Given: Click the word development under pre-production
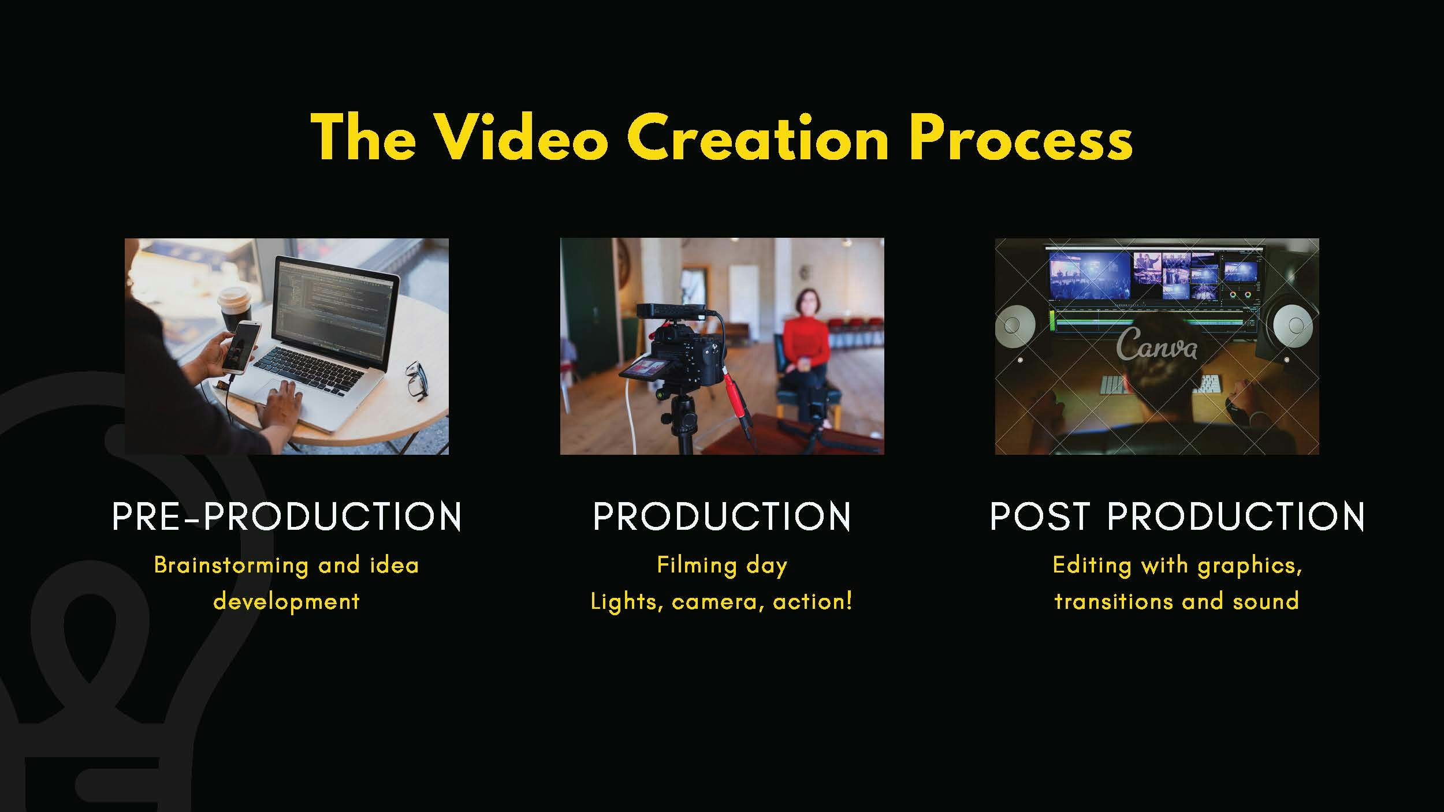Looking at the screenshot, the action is [286, 602].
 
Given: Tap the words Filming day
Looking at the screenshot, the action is [722, 566].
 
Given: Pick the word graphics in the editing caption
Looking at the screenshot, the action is [1250, 566].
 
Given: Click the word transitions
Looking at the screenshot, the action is [1113, 602].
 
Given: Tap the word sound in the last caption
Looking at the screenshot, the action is [1266, 602].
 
